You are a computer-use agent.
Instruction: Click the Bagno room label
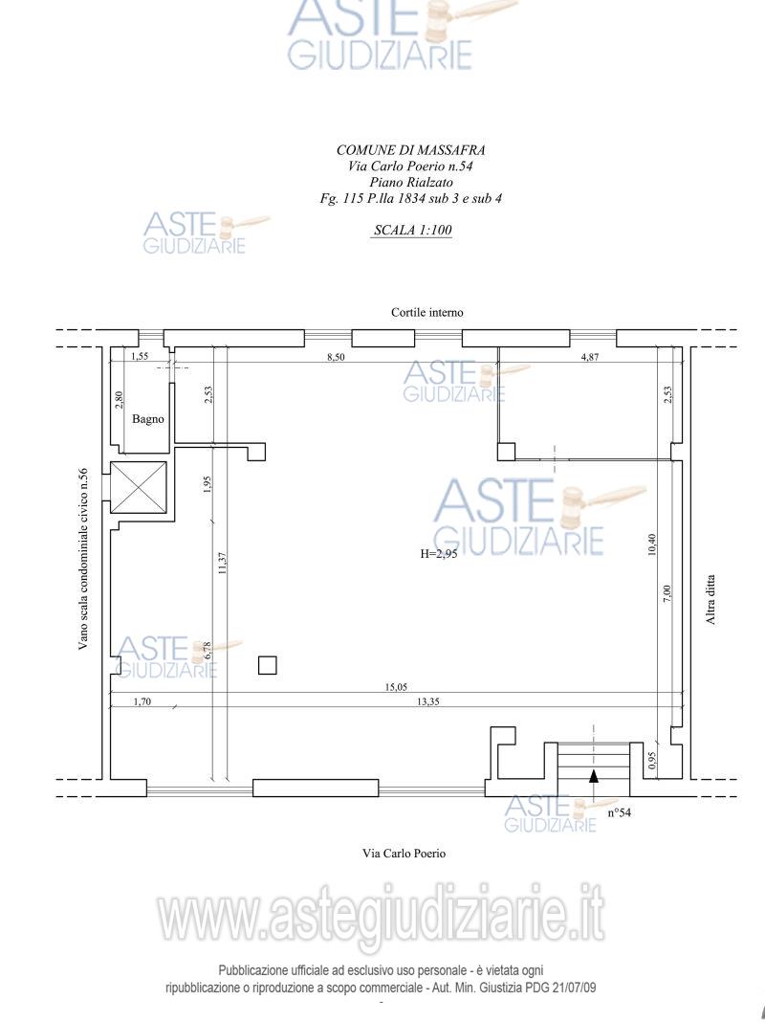click(x=148, y=419)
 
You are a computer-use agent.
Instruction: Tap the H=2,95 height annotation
click(x=438, y=555)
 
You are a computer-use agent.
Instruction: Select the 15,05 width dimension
click(x=396, y=687)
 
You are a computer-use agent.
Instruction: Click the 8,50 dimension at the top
click(x=336, y=357)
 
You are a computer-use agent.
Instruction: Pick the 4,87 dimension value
click(x=589, y=357)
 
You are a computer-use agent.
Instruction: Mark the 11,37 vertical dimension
click(x=222, y=563)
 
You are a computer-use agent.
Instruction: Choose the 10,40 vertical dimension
click(x=652, y=544)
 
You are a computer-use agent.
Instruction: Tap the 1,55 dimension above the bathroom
click(x=140, y=357)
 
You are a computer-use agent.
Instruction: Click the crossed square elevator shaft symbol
click(x=139, y=487)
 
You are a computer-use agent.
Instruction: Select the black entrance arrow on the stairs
click(x=594, y=776)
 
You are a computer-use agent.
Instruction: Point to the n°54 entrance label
click(x=619, y=812)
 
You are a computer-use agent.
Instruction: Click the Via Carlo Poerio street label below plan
click(x=404, y=854)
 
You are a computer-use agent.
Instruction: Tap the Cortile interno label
click(x=427, y=313)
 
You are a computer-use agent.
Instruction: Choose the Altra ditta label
click(x=710, y=600)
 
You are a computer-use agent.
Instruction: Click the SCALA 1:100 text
click(x=413, y=230)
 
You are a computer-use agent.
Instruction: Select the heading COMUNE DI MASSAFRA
click(x=411, y=150)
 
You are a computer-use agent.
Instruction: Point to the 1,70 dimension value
click(x=142, y=702)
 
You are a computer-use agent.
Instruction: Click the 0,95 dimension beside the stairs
click(x=652, y=762)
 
